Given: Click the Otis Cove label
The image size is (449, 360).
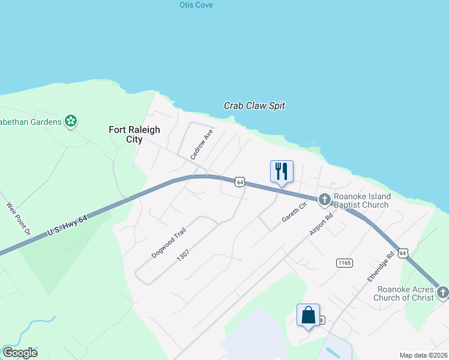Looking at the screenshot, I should tap(196, 5).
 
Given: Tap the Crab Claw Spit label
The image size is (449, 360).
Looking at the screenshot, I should tap(255, 106).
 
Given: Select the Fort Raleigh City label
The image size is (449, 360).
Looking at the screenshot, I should tap(126, 134).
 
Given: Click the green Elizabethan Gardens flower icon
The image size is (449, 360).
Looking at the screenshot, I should tap(71, 121).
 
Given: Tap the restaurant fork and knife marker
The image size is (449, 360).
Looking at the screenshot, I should tap(282, 172).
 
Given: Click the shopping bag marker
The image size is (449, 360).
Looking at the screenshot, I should tap(308, 315).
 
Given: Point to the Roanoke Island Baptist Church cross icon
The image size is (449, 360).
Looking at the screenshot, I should tap(325, 199).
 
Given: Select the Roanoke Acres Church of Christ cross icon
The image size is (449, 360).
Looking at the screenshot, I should tap(442, 292).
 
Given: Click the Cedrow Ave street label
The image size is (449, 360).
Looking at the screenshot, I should tap(202, 144).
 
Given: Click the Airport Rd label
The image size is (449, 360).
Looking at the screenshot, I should tap(321, 225).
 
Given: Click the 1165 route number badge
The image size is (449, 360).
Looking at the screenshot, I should tap(345, 263).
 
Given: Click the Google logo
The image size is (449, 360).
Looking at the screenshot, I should tap(20, 353).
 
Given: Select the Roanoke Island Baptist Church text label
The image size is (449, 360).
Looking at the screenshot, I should tap(363, 200).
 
